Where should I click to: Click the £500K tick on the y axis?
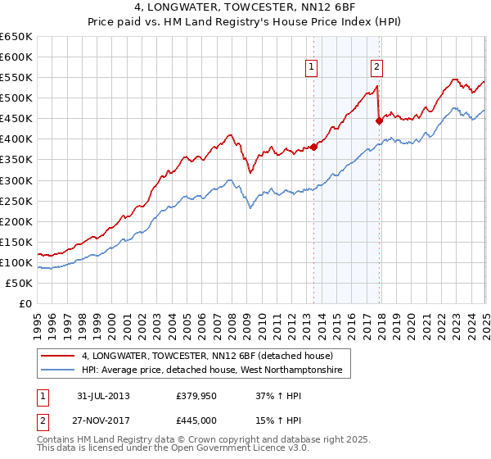[x=16, y=98]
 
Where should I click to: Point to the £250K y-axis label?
[x=16, y=201]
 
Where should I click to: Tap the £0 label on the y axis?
[x=25, y=304]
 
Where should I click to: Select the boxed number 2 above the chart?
[x=376, y=68]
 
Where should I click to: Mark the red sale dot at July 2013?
[x=313, y=148]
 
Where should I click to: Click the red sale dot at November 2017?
[x=379, y=120]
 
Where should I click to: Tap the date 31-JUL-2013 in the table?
[x=103, y=396]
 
